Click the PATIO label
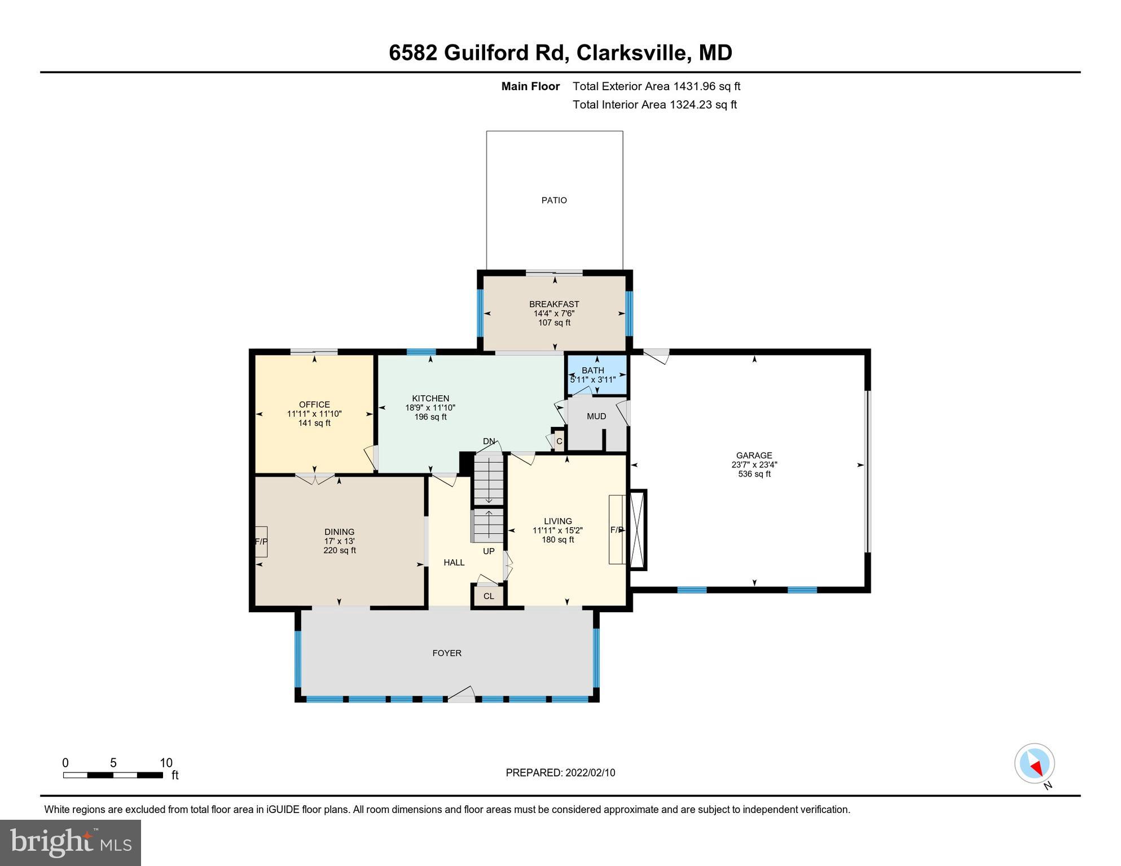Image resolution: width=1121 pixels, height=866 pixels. [x=553, y=200]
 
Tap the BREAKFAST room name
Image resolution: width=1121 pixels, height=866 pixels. [x=553, y=304]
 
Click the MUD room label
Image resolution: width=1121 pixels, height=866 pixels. [x=596, y=416]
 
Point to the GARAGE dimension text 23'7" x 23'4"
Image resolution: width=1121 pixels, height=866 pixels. [x=754, y=465]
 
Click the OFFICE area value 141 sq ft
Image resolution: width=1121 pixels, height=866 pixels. [x=314, y=423]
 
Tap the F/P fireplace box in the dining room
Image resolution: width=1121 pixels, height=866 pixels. [x=261, y=541]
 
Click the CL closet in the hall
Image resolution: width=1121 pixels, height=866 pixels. [x=489, y=596]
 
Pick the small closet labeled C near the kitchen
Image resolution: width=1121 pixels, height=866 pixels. [x=559, y=441]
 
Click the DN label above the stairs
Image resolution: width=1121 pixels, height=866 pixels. [x=489, y=441]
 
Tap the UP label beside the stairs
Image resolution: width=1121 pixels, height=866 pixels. [x=489, y=551]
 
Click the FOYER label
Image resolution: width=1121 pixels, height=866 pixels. [x=447, y=653]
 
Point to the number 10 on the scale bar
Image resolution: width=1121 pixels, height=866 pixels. [x=166, y=763]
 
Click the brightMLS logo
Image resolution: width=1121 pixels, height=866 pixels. [x=71, y=842]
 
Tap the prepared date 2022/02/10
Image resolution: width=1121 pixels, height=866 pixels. [x=589, y=772]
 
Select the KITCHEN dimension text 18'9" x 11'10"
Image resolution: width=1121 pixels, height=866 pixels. [x=430, y=408]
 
